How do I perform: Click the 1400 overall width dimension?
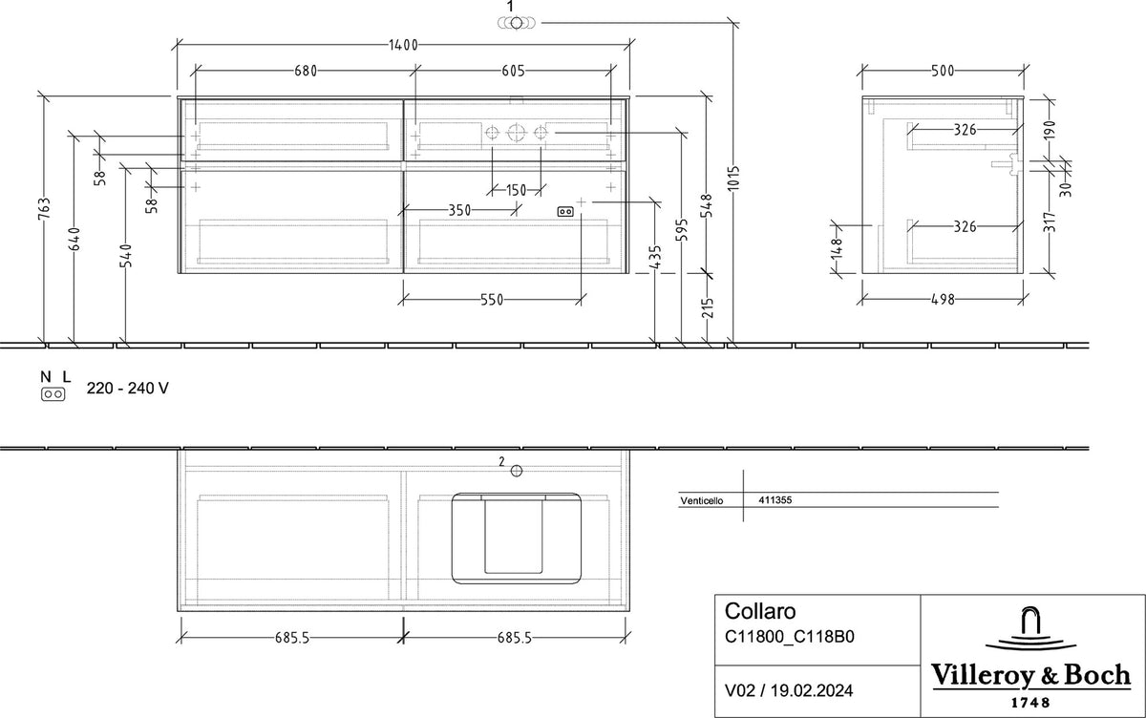403,45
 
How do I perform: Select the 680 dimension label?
306,71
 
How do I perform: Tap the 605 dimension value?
513,71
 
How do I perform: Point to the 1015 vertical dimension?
734,178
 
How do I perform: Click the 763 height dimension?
44,209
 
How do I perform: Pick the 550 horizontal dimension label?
492,300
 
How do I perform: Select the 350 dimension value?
459,210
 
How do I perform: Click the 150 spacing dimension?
516,191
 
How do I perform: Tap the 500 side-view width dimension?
943,71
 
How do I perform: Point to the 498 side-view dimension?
943,299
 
